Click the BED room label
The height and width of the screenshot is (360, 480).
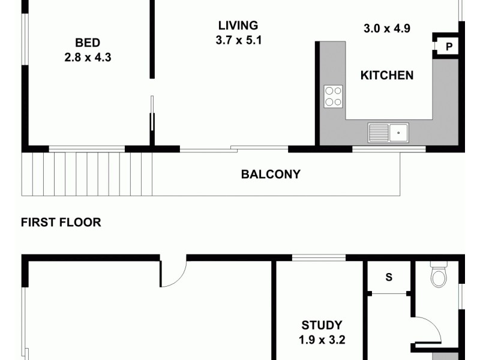click(87, 43)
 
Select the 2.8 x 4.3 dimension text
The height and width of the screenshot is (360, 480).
click(87, 58)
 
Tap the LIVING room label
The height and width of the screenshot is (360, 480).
click(238, 26)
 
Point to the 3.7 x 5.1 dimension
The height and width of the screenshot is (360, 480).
click(238, 41)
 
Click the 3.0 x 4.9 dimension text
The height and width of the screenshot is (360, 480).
click(386, 28)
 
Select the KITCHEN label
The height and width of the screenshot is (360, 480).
click(386, 75)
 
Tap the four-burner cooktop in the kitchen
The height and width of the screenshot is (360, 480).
click(334, 97)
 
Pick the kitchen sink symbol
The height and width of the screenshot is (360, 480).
click(388, 131)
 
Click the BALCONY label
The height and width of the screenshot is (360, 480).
click(270, 175)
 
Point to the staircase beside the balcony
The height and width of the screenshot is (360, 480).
click(86, 173)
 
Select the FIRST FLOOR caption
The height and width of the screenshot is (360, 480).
click(61, 223)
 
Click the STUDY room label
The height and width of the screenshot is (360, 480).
click(322, 325)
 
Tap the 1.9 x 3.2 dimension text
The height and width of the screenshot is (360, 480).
click(322, 340)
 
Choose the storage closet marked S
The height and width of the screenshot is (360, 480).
click(388, 278)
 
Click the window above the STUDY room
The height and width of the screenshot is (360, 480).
click(318, 259)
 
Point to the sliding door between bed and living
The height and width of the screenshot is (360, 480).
click(152, 120)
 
